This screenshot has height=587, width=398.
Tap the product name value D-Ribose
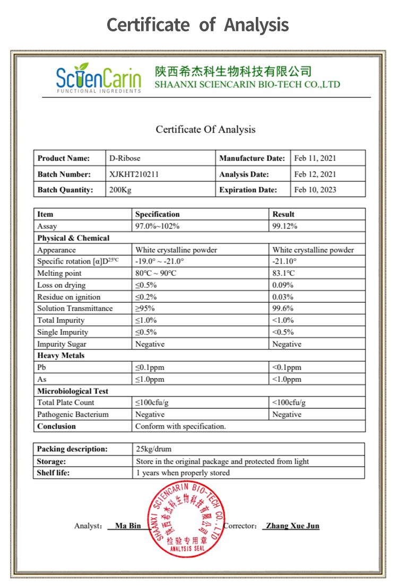coord(125,158)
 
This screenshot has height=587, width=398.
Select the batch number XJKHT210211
coord(134,174)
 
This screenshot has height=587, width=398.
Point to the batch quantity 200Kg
coord(120,190)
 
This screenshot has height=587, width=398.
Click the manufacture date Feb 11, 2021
coord(315,158)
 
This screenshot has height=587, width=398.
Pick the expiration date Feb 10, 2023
coord(315,190)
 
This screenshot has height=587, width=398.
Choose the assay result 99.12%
coord(284,226)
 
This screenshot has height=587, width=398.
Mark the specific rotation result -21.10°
coord(284,261)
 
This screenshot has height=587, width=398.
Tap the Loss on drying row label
coord(61,285)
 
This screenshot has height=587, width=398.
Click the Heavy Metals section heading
coord(61,356)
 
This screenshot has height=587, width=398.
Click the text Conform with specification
coord(180,426)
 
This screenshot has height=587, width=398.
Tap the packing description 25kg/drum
coord(154,449)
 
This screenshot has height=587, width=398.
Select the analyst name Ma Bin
coord(128,526)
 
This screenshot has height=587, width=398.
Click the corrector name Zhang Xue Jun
coord(292,526)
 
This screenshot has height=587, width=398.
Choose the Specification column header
coord(157,214)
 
